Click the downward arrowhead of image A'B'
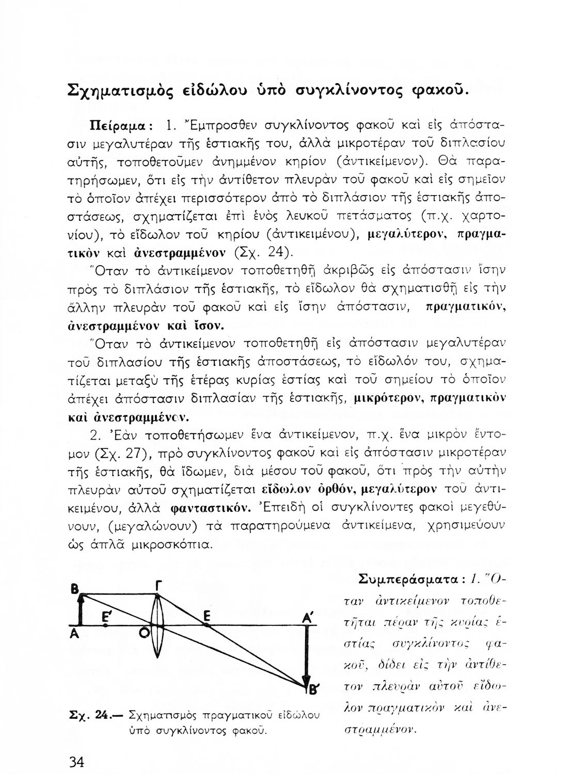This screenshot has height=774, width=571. [x=306, y=680]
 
